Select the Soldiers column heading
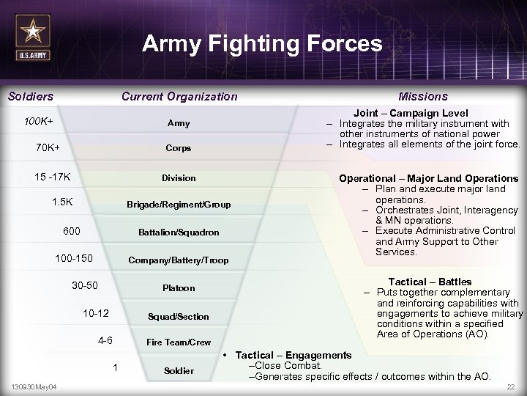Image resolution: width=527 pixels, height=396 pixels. pyautogui.click(x=31, y=96)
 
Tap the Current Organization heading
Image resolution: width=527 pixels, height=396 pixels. pyautogui.click(x=179, y=96)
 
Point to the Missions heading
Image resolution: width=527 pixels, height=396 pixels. pyautogui.click(x=423, y=96)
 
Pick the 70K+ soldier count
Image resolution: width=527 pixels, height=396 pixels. pyautogui.click(x=48, y=147)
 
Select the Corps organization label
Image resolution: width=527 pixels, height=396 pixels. pyautogui.click(x=179, y=147)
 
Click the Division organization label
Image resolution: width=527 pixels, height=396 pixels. pyautogui.click(x=179, y=177)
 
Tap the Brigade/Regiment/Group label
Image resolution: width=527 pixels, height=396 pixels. pyautogui.click(x=179, y=205)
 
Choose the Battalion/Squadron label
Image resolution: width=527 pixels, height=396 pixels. pyautogui.click(x=179, y=232)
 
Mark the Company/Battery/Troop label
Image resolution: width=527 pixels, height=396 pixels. pyautogui.click(x=179, y=260)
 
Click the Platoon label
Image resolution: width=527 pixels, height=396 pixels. pyautogui.click(x=179, y=288)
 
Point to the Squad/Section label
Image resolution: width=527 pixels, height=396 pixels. pyautogui.click(x=179, y=316)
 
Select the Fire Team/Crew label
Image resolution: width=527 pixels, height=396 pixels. pyautogui.click(x=179, y=342)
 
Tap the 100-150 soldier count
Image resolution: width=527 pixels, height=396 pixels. pyautogui.click(x=74, y=258)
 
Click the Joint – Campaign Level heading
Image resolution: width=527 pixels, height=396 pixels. pyautogui.click(x=411, y=114)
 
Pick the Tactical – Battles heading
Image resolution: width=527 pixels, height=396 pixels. pyautogui.click(x=430, y=282)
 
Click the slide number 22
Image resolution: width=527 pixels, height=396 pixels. pyautogui.click(x=510, y=386)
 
